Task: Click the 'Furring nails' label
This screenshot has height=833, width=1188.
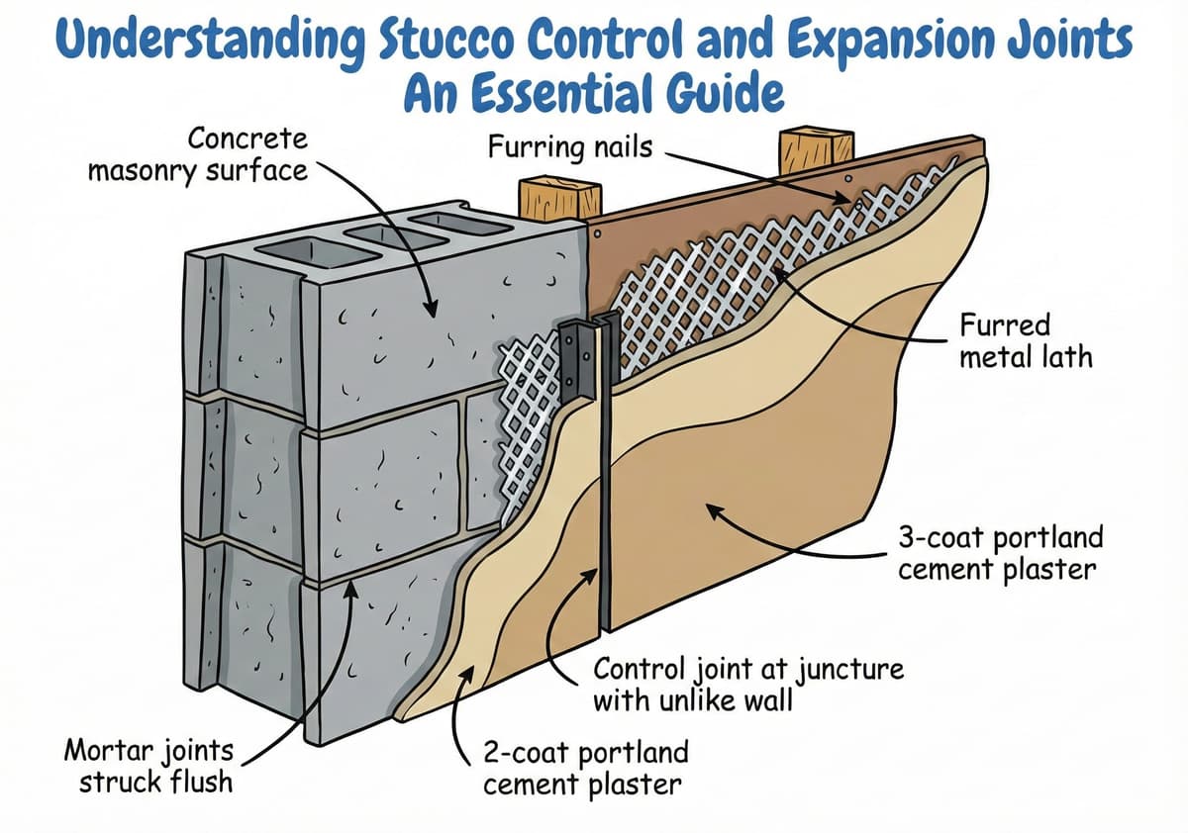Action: point(570,148)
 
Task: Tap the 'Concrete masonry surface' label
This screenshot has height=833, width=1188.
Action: point(198,154)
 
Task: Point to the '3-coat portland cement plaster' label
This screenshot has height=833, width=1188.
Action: point(1000,554)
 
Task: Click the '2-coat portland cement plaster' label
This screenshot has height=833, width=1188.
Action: point(585,768)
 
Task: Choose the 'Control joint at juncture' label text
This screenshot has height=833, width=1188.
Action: point(747,670)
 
